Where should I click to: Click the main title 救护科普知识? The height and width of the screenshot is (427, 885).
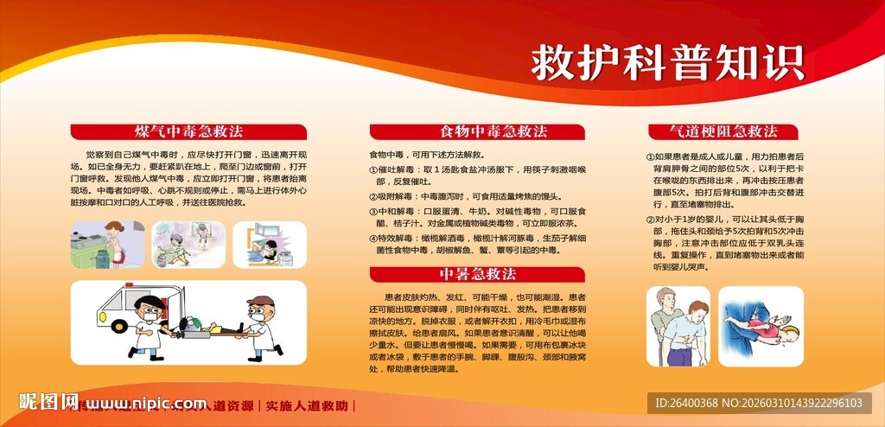(666, 62)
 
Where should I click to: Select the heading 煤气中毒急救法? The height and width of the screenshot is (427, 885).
(188, 131)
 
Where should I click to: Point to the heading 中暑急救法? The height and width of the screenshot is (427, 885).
(477, 274)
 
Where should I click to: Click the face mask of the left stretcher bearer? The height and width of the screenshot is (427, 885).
(148, 317)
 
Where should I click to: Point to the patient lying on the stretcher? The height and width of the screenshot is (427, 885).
(207, 328)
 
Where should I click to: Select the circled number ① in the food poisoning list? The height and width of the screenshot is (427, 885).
(372, 170)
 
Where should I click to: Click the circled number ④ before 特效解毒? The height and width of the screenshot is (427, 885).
(372, 238)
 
